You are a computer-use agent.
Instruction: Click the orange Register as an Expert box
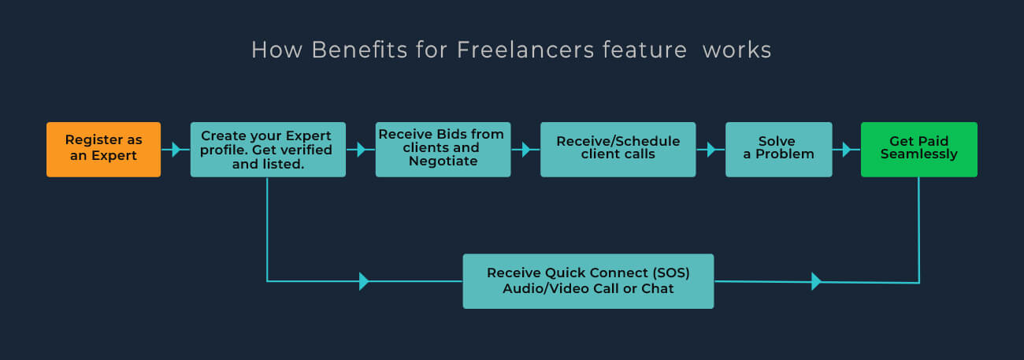[103, 149]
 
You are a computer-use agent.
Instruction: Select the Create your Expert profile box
[268, 149]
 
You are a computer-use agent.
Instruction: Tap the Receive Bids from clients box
[443, 149]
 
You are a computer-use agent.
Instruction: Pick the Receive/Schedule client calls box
[618, 149]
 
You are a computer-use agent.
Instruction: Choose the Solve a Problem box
[778, 149]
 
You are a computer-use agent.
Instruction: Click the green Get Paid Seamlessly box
[918, 149]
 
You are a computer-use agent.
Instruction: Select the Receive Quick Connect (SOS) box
[588, 280]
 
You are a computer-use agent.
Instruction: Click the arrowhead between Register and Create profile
[176, 149]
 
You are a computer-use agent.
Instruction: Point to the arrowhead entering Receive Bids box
[362, 149]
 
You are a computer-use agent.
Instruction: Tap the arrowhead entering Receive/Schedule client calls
[525, 149]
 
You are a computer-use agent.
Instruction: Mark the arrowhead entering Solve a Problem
[711, 149]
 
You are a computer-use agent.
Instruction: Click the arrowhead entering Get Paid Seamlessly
[847, 149]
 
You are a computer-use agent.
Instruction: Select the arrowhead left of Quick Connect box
[364, 281]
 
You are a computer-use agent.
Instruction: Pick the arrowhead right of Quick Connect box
[816, 281]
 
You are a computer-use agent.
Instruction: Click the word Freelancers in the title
[524, 50]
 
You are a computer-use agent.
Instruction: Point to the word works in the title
[736, 50]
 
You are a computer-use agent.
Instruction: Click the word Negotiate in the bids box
[443, 161]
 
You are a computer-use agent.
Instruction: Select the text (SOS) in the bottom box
[671, 273]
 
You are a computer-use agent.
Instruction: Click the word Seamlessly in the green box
[918, 154]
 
